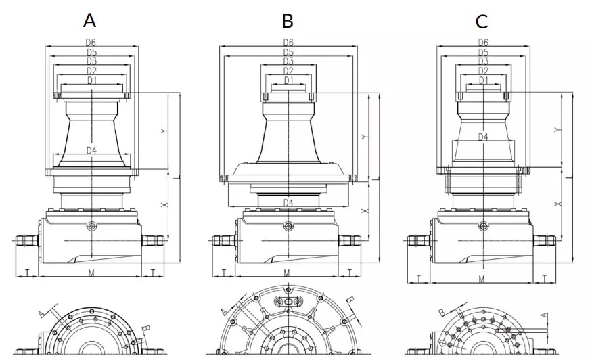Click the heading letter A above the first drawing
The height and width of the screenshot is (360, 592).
coord(89,20)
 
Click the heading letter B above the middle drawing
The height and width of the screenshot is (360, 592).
coord(288,21)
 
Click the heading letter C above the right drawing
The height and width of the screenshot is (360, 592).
coord(482,21)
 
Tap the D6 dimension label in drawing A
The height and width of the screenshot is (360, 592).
coord(91,43)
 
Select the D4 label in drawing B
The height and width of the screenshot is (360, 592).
coord(288,202)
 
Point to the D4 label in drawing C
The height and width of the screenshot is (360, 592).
coord(484,137)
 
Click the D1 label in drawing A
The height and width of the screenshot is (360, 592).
coord(91,81)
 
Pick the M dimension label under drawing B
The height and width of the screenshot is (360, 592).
coord(287,273)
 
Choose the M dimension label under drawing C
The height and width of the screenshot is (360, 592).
coord(482,278)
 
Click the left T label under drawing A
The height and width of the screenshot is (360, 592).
coord(26,272)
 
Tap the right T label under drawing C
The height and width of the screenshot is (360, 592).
coord(545,278)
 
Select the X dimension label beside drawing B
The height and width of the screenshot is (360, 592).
coord(365,211)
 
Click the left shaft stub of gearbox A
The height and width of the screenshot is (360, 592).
coord(26,240)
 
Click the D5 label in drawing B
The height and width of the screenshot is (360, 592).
coord(288,52)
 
